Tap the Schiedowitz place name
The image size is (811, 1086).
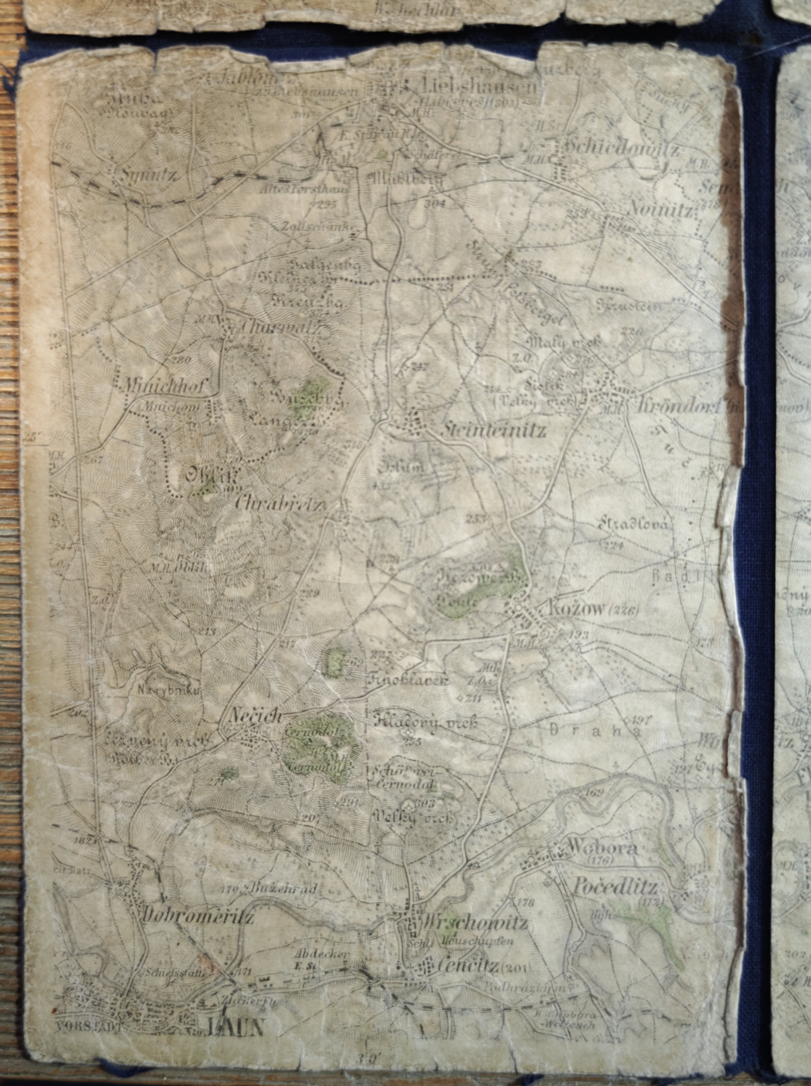[x=622, y=147]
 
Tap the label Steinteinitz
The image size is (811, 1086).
[x=493, y=431]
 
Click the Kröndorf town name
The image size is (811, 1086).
[x=678, y=405]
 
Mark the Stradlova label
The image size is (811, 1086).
[x=633, y=524]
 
